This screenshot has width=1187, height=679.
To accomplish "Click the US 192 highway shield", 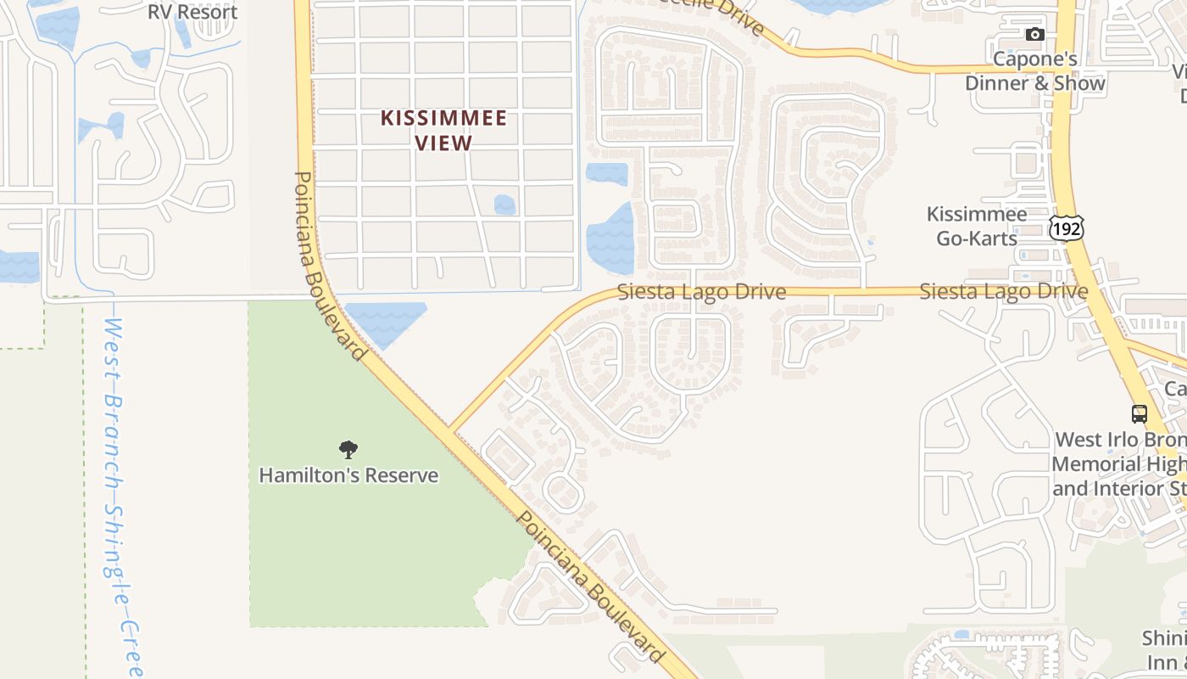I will [1066, 227].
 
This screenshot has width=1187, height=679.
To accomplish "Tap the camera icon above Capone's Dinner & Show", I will [1034, 35].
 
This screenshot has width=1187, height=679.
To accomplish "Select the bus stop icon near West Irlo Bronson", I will [1140, 414].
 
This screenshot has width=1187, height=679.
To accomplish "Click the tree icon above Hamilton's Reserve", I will [348, 450].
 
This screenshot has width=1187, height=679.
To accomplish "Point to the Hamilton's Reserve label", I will [348, 475].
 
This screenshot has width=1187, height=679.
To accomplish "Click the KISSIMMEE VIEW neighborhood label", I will [443, 130].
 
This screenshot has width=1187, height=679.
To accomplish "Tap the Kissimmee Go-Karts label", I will [977, 227].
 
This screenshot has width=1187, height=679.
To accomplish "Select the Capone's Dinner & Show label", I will [1035, 71].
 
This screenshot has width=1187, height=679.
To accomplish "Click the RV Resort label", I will [192, 12].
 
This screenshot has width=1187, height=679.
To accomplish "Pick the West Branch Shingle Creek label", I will [121, 497].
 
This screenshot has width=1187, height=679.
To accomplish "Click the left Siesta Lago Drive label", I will [701, 292].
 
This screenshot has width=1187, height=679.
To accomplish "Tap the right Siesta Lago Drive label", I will [1004, 292].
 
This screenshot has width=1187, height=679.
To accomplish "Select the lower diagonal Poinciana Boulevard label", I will [590, 586].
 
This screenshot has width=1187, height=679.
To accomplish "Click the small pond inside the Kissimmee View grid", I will [504, 205].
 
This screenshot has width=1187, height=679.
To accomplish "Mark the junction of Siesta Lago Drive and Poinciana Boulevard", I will [450, 429].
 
